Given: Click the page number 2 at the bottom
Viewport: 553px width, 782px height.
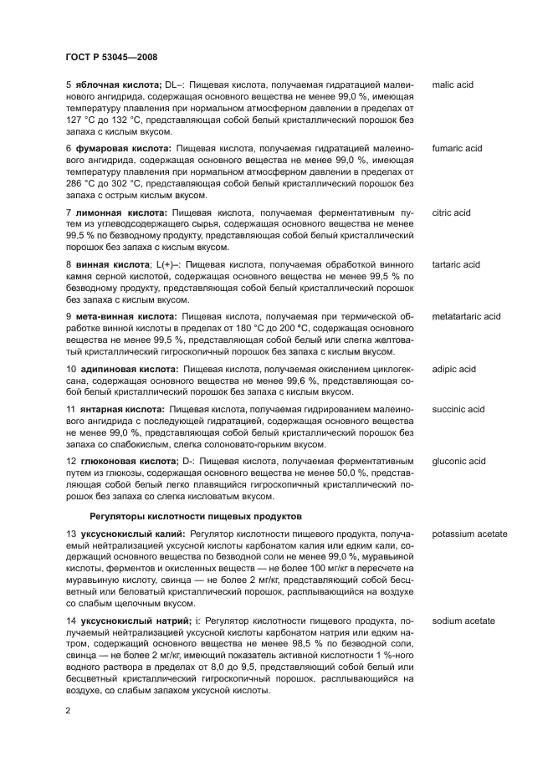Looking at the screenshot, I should coord(68,709).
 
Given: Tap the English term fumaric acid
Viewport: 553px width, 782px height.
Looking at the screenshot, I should coord(457,149).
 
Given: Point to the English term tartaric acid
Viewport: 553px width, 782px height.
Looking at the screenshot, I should coord(456,265).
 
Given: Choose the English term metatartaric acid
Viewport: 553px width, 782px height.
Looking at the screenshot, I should coord(466,317).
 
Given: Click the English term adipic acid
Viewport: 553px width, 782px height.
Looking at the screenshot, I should coord(453,369).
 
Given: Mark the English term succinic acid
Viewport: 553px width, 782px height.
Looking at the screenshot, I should coord(458,410).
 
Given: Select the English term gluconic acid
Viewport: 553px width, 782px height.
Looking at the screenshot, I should coord(458,461).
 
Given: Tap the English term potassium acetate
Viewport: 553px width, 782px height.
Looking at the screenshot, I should coord(469,534).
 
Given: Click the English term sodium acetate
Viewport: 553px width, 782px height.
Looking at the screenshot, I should coord(463,621).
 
